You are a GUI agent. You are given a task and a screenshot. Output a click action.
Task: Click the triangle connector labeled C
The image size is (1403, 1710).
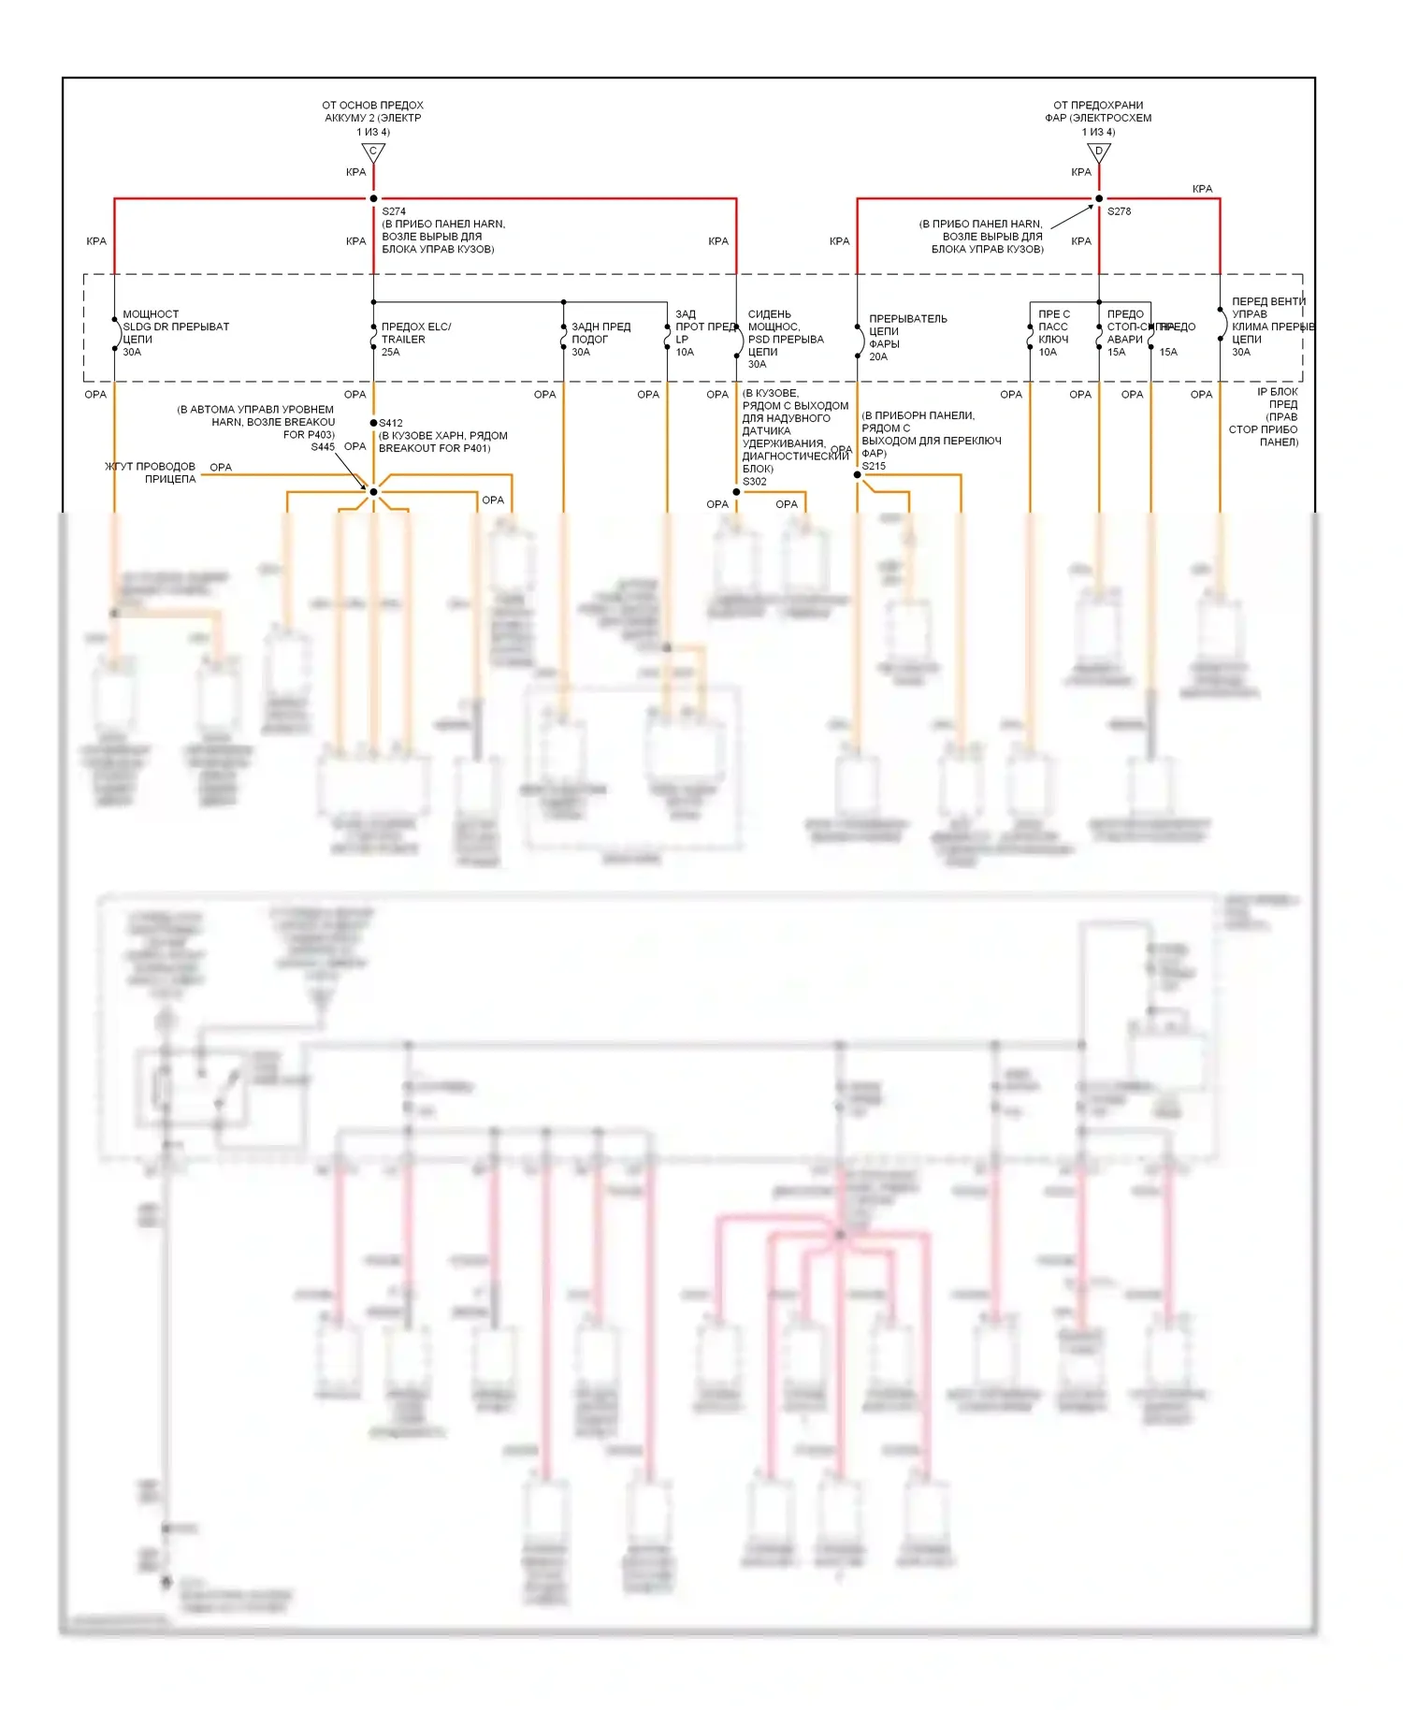[x=373, y=152]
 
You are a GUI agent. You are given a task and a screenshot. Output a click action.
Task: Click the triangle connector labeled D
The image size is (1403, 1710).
[x=1099, y=152]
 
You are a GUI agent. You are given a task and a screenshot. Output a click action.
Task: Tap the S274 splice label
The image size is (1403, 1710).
[x=394, y=211]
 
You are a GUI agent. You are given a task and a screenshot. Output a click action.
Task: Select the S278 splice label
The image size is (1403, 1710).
[x=1119, y=211]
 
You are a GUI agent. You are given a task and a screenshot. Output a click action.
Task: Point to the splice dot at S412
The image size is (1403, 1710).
[x=373, y=423]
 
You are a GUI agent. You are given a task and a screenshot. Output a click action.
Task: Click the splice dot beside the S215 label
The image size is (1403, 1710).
[x=857, y=475]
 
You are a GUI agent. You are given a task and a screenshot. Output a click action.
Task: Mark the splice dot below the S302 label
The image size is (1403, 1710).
[x=737, y=492]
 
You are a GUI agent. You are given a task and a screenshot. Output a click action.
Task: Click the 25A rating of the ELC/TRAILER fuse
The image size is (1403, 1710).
[x=390, y=353]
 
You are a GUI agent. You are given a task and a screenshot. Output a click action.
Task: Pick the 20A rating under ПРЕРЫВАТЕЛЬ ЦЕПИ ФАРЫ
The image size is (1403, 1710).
[x=878, y=357]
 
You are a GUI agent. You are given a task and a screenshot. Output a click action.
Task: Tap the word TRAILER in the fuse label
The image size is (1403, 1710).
[x=403, y=340]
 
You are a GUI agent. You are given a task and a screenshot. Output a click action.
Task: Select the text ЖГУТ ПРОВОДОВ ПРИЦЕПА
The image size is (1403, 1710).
[x=151, y=472]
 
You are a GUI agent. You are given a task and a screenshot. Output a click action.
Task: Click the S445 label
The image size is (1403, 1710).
[x=323, y=447]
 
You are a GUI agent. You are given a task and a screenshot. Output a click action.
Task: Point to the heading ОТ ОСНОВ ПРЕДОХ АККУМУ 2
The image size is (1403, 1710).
[x=372, y=111]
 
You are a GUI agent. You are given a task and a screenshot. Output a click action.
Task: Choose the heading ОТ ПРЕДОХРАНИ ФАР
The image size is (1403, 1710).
[x=1098, y=111]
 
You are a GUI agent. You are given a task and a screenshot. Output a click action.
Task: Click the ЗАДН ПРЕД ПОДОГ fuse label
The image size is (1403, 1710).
[x=600, y=333]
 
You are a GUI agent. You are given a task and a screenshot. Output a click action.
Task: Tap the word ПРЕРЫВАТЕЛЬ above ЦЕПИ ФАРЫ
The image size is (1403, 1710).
[x=907, y=319]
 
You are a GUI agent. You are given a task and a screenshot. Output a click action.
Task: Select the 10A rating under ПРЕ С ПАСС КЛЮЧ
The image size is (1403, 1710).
[x=1048, y=353]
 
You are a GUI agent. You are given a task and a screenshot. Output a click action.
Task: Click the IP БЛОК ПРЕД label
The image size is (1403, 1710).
[x=1277, y=399]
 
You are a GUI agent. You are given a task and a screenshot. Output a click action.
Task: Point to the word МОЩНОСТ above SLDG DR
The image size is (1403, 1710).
[x=151, y=314]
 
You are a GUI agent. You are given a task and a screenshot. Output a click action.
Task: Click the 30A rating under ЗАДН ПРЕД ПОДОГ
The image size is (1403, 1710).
[x=581, y=353]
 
